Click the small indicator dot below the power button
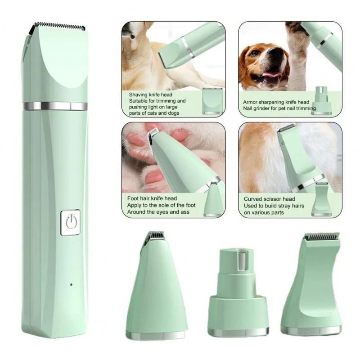coord(71,284)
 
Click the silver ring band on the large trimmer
coord(54,106)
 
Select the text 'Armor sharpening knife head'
coord(276,102)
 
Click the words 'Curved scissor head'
coord(269,199)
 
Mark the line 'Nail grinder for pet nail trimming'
coord(279,108)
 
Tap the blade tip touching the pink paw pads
coord(153,133)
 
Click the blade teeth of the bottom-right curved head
coord(321,236)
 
